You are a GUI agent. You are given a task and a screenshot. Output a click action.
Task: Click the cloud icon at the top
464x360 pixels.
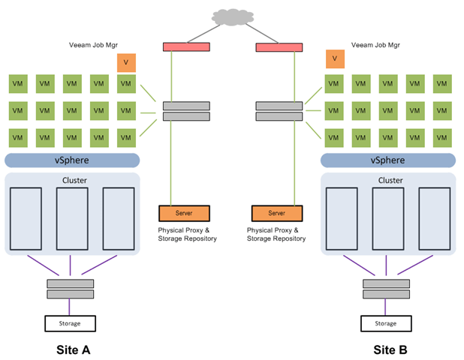(232, 16)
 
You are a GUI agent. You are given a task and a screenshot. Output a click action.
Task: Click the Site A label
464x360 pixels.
(74, 349)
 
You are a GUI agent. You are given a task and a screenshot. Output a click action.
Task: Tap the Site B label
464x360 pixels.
(390, 349)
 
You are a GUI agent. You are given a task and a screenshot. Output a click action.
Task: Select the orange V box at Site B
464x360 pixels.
(335, 58)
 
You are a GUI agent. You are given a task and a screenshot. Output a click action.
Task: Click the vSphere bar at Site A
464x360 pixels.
(72, 160)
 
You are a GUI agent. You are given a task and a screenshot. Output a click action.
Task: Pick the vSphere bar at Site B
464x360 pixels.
(387, 160)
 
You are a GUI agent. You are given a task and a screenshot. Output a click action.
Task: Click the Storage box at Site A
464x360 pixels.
(70, 323)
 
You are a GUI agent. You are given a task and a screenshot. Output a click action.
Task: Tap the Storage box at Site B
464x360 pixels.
(386, 323)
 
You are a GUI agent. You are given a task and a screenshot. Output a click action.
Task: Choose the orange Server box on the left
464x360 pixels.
(184, 213)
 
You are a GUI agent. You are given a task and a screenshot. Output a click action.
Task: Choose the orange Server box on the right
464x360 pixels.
(277, 213)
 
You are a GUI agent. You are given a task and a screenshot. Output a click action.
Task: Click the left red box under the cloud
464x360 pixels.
(186, 47)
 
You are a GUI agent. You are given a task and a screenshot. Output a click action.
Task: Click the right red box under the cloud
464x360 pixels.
(279, 48)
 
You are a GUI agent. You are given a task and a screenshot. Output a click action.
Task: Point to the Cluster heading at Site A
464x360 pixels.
(74, 181)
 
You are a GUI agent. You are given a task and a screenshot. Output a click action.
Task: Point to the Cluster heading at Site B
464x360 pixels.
(390, 181)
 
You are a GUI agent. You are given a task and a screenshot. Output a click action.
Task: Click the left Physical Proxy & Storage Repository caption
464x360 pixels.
(187, 234)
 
